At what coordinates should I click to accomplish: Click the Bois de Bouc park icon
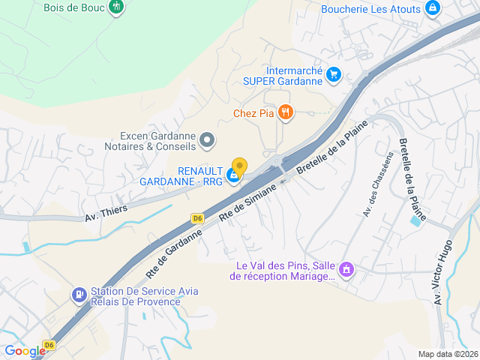point(115,7)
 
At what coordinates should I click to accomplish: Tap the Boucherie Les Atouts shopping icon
point(432,8)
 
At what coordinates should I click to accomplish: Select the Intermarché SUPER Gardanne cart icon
point(334,74)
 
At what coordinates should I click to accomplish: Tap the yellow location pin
point(239,166)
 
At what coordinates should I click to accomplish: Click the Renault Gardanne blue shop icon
point(234,175)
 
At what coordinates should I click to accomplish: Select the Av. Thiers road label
point(106,212)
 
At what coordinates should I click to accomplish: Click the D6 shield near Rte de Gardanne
point(197,218)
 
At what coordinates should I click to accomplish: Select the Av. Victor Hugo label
point(442,271)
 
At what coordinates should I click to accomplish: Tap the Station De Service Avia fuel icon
point(79,295)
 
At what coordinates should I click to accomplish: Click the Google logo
point(25,350)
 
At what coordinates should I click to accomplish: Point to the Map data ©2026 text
point(447,354)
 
